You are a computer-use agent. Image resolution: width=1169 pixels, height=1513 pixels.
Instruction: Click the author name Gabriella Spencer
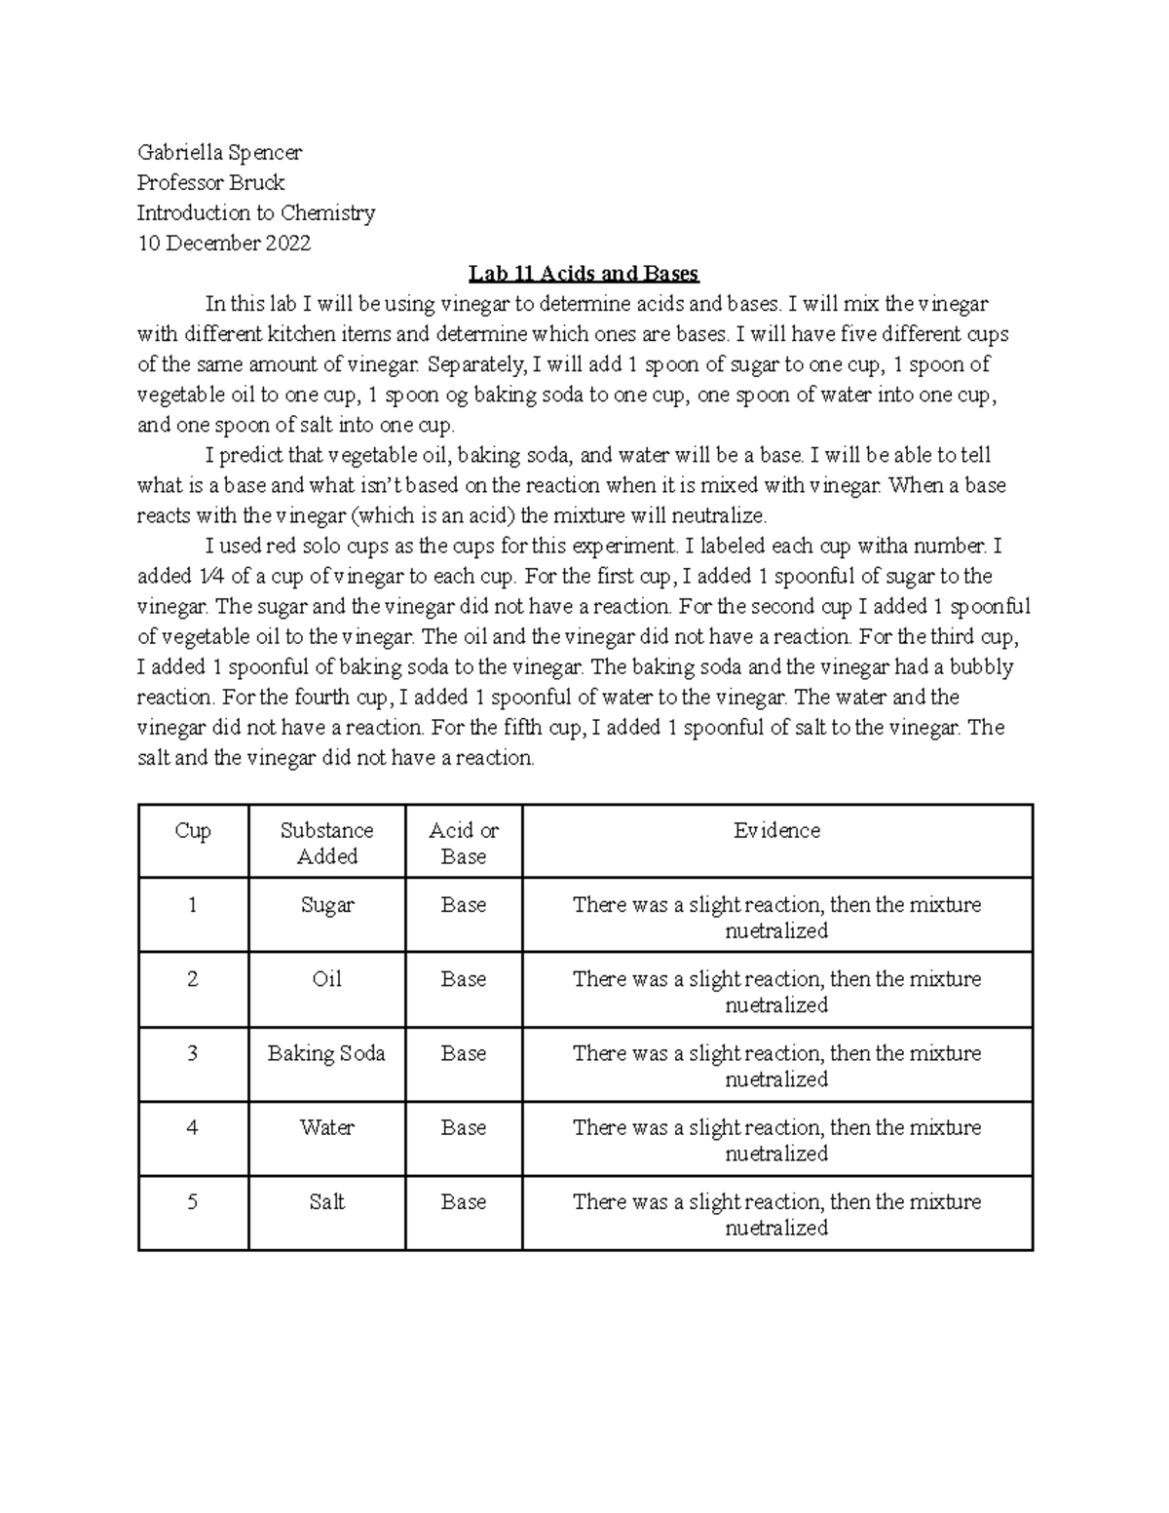tap(219, 152)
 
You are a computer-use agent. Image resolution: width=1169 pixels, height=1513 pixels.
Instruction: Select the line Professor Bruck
tap(210, 182)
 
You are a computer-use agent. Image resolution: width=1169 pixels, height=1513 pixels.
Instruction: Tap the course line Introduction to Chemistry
tap(255, 212)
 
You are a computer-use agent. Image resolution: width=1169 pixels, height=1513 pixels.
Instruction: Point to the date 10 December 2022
tap(223, 243)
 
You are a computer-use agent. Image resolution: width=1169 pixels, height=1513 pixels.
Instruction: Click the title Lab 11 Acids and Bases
tap(584, 273)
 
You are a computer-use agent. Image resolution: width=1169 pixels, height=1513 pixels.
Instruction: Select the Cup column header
tap(193, 831)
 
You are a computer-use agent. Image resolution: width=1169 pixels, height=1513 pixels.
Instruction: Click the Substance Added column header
tap(326, 843)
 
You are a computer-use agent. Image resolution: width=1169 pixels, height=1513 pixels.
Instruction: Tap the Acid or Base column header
tap(464, 843)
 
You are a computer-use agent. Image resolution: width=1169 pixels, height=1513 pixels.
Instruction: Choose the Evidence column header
tap(776, 831)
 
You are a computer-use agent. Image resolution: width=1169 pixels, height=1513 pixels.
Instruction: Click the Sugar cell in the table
tap(326, 905)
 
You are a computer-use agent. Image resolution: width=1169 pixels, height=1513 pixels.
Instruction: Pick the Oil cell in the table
tap(326, 979)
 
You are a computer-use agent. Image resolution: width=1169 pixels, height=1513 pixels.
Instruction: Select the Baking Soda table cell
tap(326, 1053)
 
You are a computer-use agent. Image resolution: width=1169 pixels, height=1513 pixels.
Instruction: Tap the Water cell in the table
tap(326, 1127)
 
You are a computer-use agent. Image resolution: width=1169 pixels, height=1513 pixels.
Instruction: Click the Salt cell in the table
tap(326, 1202)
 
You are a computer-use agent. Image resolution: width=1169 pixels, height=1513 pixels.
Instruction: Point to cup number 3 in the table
tap(193, 1053)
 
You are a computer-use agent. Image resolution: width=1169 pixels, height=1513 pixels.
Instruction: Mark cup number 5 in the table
tap(193, 1202)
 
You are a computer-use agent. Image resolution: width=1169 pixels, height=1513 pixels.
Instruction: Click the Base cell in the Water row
tap(464, 1127)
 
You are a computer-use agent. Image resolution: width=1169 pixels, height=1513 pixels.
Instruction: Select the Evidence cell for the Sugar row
tap(776, 917)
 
